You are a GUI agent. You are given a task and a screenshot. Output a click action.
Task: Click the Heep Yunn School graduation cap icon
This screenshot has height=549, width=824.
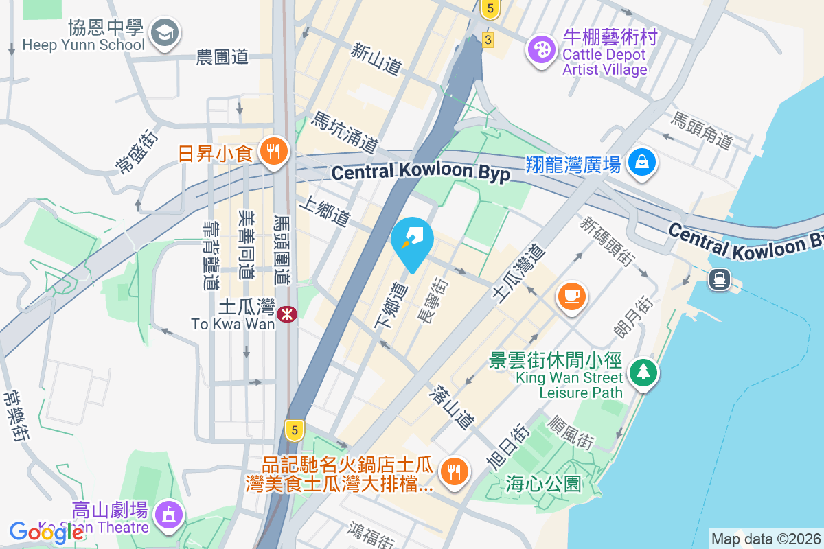tap(164, 32)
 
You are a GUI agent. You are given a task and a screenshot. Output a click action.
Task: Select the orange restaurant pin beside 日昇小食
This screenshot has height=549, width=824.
tap(274, 152)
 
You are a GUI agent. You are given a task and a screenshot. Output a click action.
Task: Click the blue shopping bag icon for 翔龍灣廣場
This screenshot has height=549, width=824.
tap(641, 162)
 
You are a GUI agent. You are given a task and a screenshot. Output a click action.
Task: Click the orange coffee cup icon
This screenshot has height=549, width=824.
tap(572, 296)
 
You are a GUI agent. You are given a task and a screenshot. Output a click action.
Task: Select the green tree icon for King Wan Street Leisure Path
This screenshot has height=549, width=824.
tap(643, 372)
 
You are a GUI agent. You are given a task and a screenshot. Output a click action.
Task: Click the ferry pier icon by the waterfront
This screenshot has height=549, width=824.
tap(720, 278)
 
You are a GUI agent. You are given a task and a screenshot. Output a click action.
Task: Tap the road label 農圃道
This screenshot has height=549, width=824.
tap(222, 58)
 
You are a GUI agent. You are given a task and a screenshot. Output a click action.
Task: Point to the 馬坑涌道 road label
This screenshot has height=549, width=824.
tap(345, 132)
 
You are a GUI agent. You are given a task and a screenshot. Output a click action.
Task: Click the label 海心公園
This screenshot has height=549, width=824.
tap(544, 484)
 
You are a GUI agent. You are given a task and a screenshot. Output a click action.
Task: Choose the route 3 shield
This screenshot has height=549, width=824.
tap(488, 39)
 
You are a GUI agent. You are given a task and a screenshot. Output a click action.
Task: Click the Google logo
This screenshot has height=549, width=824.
tap(46, 532)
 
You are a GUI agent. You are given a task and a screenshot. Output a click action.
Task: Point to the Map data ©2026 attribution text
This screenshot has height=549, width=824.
tap(766, 539)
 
